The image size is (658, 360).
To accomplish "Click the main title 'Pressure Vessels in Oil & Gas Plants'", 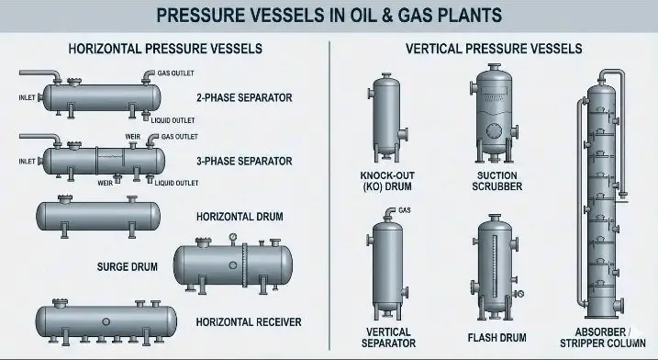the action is [x=329, y=15].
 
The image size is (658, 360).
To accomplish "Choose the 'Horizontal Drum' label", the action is [x=240, y=217].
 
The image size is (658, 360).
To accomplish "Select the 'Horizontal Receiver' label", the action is [x=249, y=321].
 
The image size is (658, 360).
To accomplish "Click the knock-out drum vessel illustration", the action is [x=390, y=115].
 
